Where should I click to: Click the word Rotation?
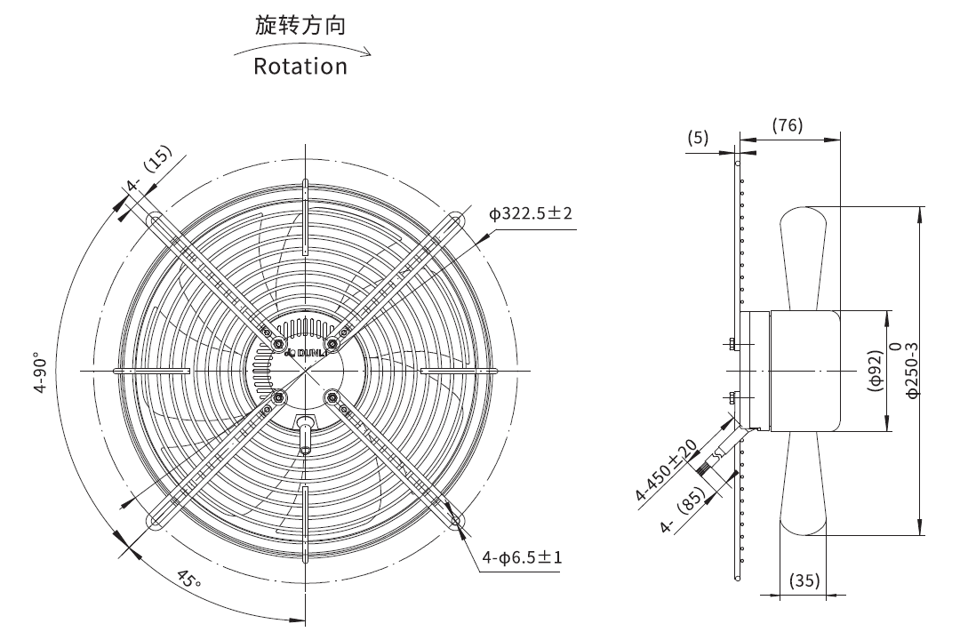(x=300, y=66)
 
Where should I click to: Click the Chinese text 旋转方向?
(x=300, y=25)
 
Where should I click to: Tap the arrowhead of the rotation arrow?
(x=366, y=52)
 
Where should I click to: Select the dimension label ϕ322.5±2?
(x=530, y=213)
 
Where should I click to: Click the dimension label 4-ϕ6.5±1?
(x=522, y=557)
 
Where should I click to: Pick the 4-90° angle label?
(x=40, y=372)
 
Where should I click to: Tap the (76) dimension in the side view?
(x=787, y=125)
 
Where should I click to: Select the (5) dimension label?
(x=698, y=137)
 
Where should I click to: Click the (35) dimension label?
(x=804, y=580)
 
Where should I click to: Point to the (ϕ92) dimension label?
(x=876, y=371)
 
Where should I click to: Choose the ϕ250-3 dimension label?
(x=912, y=370)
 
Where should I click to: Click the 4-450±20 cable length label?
(x=666, y=469)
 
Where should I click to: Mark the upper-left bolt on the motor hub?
(x=279, y=345)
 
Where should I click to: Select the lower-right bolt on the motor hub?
(x=332, y=398)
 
